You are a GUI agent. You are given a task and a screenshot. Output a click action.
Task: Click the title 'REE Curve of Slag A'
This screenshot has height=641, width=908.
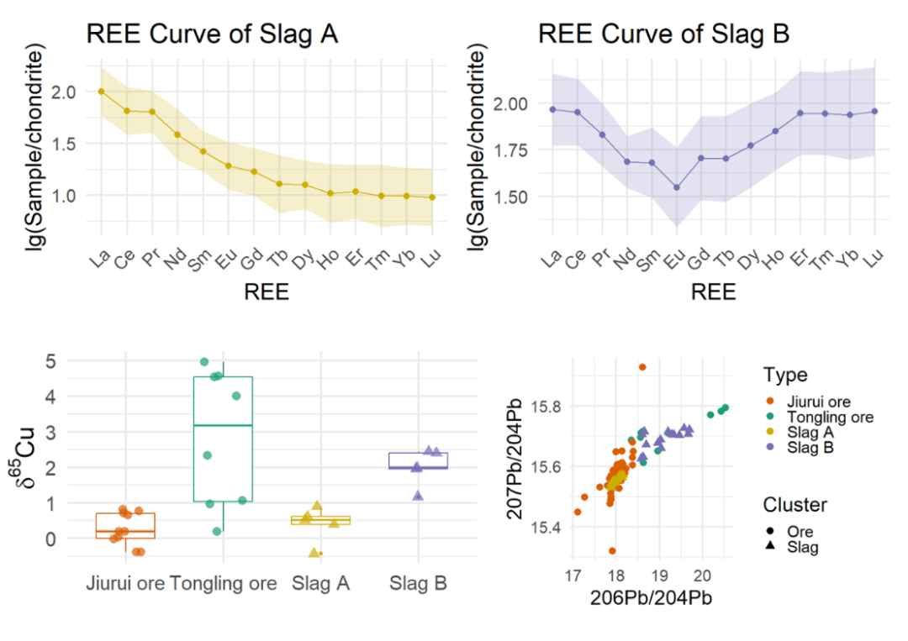click(212, 34)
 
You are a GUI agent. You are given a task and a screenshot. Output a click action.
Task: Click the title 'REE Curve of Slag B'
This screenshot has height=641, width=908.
click(663, 34)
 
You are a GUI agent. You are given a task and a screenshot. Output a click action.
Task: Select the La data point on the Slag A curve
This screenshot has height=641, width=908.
click(101, 91)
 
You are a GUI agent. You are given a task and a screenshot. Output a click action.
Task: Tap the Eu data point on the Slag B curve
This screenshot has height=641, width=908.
click(676, 187)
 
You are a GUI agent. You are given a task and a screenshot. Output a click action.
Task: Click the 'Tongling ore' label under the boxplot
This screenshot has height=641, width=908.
click(223, 584)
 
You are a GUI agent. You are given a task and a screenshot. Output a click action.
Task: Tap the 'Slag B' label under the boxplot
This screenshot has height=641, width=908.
click(418, 584)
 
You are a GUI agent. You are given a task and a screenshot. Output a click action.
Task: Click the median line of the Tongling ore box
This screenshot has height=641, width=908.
click(223, 426)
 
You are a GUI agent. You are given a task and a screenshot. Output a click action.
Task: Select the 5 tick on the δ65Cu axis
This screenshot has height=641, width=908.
click(51, 361)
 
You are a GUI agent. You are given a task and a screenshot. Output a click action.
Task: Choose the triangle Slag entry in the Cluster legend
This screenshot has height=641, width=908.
click(802, 547)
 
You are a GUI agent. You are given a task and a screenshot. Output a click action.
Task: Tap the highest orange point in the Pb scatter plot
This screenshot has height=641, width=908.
click(641, 367)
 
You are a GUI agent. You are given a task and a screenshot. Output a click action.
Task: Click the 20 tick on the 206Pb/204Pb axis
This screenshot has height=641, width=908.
click(702, 575)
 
